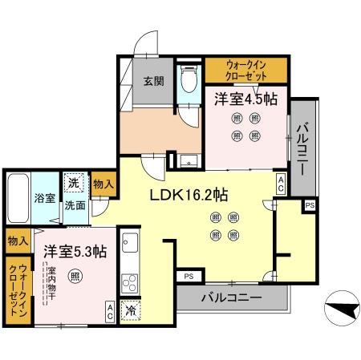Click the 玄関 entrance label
pos(154,81)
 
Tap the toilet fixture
pos(189,80)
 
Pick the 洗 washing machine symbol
pos(74,183)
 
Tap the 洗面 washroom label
pos(75,205)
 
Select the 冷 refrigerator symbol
pos(129,308)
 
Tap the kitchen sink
pos(129,243)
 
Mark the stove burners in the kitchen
pos(129,283)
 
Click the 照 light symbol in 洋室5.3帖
pos(75,277)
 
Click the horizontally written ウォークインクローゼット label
pos(245,69)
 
